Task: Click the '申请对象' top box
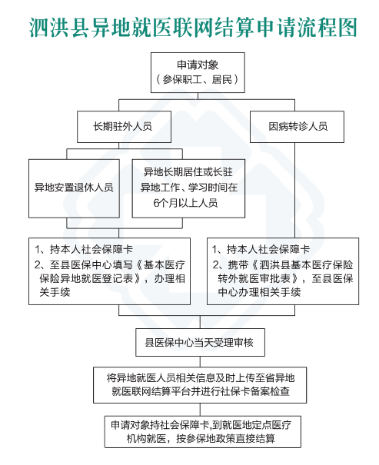tap(198, 73)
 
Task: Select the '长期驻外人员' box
tap(124, 127)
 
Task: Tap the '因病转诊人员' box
tap(297, 127)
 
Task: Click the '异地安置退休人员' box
tap(74, 188)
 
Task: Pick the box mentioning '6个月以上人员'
tap(188, 188)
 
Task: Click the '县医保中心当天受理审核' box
tap(200, 342)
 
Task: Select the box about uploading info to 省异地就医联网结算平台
tap(200, 385)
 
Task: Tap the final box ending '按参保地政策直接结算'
tap(202, 431)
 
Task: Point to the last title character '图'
tap(347, 28)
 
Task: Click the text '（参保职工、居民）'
tap(198, 79)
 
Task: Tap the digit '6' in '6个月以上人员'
tap(156, 203)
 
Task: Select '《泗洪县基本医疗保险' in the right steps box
tap(302, 264)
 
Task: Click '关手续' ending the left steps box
tap(55, 292)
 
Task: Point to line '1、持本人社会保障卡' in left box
tap(84, 249)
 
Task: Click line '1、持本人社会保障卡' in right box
tap(261, 249)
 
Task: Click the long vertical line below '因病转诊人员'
tap(294, 190)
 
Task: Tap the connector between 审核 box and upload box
tap(200, 362)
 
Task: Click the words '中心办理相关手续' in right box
tap(260, 292)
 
